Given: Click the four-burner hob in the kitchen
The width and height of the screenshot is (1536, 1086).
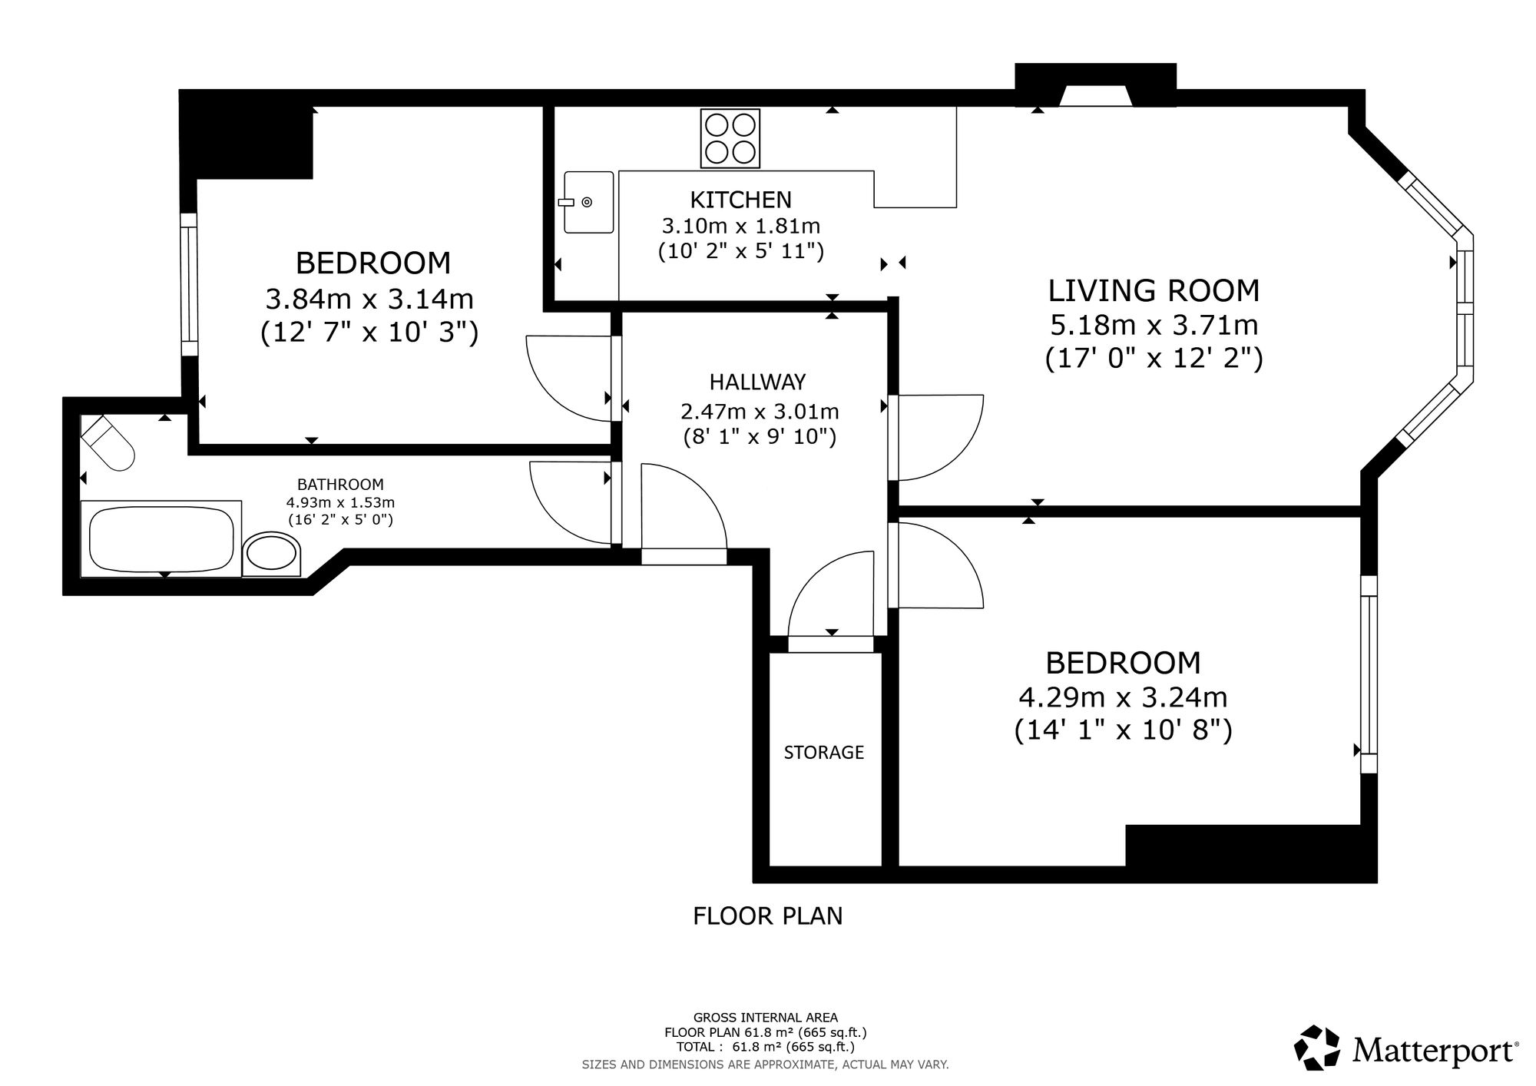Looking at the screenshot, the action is pos(730,139).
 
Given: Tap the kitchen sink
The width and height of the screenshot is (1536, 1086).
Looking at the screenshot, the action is pos(588,202).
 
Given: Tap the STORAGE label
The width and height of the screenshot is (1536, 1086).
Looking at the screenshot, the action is pos(824,753).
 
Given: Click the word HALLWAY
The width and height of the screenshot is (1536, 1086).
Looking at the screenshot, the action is pos(757,382).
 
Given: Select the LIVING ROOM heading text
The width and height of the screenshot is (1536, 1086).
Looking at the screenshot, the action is pos(1154,290).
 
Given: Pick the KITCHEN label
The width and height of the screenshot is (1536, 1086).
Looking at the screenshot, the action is pos(740,200).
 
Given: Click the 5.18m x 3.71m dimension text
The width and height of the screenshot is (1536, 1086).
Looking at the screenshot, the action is pos(1154,325).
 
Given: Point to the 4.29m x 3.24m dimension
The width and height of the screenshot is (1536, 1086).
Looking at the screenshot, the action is pos(1123,697).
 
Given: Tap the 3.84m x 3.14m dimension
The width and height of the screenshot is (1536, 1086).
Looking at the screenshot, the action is pos(369,298).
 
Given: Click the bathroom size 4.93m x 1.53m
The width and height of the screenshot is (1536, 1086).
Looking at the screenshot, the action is pos(340,502).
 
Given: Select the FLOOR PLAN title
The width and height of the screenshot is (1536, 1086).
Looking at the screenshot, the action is pos(768,916).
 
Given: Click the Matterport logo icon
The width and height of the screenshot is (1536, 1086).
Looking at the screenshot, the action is pos(1319,1048).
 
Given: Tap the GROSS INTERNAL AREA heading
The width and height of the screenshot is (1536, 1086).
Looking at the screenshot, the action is pos(766,1018).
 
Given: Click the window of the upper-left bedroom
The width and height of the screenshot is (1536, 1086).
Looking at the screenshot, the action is pos(188,284).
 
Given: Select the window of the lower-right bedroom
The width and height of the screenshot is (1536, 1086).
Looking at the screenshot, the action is pos(1369,674).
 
